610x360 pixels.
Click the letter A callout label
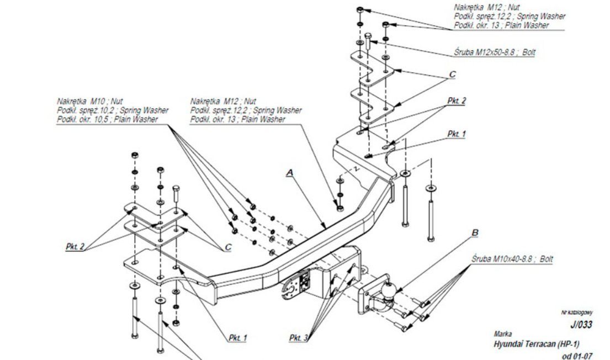tap(289, 173)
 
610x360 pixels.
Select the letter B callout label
tap(474, 234)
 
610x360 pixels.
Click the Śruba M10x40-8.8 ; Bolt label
tap(513, 258)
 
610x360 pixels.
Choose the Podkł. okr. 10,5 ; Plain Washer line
tap(107, 119)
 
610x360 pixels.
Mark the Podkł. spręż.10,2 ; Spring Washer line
tap(113, 110)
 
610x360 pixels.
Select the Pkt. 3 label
tap(299, 337)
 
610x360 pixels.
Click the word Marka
tap(503, 334)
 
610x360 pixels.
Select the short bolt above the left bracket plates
tap(176, 195)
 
